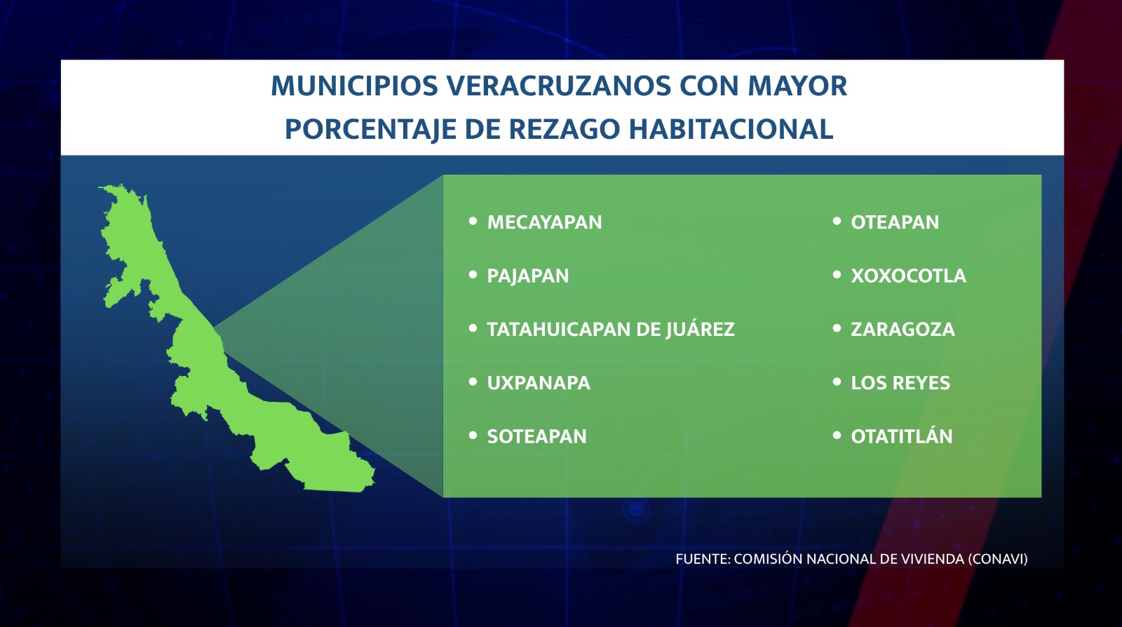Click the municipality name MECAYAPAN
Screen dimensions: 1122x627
544,222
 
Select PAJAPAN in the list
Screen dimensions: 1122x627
528,276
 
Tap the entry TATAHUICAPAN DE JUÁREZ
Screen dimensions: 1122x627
611,330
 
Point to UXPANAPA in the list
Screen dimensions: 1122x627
539,383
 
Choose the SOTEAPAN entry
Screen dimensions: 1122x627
536,437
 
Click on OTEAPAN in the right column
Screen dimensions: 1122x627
895,222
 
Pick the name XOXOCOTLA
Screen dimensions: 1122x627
908,276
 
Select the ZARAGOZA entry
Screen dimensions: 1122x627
903,330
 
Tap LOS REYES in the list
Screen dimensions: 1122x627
900,383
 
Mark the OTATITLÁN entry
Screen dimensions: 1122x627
902,436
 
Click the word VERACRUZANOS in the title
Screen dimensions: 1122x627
558,86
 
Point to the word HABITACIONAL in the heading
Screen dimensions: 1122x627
731,129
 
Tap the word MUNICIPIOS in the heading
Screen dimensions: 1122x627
355,86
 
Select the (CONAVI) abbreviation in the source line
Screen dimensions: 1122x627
997,559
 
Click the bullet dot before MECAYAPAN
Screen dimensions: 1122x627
473,221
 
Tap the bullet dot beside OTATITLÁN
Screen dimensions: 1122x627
837,436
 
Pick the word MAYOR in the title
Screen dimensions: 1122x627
797,86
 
